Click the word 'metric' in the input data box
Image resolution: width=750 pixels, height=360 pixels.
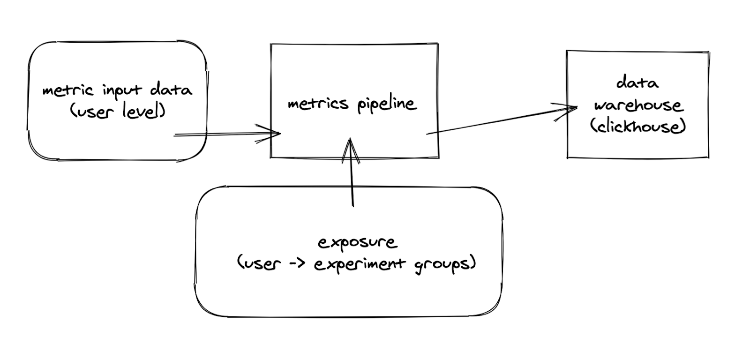click(67, 90)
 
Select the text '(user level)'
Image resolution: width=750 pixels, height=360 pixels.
click(117, 112)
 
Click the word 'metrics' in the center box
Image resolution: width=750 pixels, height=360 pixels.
click(318, 104)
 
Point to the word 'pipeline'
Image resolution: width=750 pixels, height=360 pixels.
click(387, 104)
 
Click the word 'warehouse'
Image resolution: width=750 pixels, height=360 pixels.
click(638, 105)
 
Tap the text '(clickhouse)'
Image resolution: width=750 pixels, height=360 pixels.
click(638, 127)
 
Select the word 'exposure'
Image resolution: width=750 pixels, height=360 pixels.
click(357, 243)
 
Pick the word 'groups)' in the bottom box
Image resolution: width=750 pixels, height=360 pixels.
click(445, 264)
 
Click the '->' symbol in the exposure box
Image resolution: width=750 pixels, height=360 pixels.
click(297, 264)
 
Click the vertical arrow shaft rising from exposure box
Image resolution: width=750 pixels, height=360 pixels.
click(352, 183)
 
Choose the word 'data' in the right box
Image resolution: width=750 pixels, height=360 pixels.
click(637, 83)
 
